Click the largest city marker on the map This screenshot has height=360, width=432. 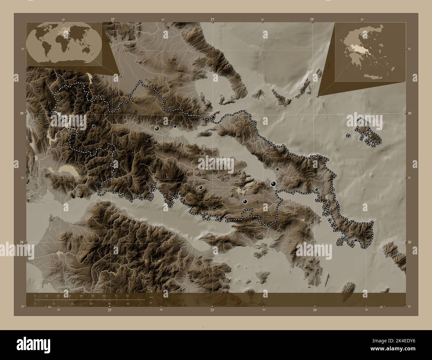pos(273,183)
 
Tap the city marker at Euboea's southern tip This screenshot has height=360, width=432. pos(355,240)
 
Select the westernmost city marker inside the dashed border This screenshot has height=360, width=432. pos(94,126)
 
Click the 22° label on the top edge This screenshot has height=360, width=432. pos(113,20)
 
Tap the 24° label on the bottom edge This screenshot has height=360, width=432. pos(315,310)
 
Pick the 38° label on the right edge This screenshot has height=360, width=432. pos(409,242)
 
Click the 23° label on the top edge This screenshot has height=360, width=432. pos(212,20)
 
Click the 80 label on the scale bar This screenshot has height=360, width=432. pos(127,296)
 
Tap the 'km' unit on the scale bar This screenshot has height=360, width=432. pos(151,297)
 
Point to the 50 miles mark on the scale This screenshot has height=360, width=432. pos(128,304)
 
